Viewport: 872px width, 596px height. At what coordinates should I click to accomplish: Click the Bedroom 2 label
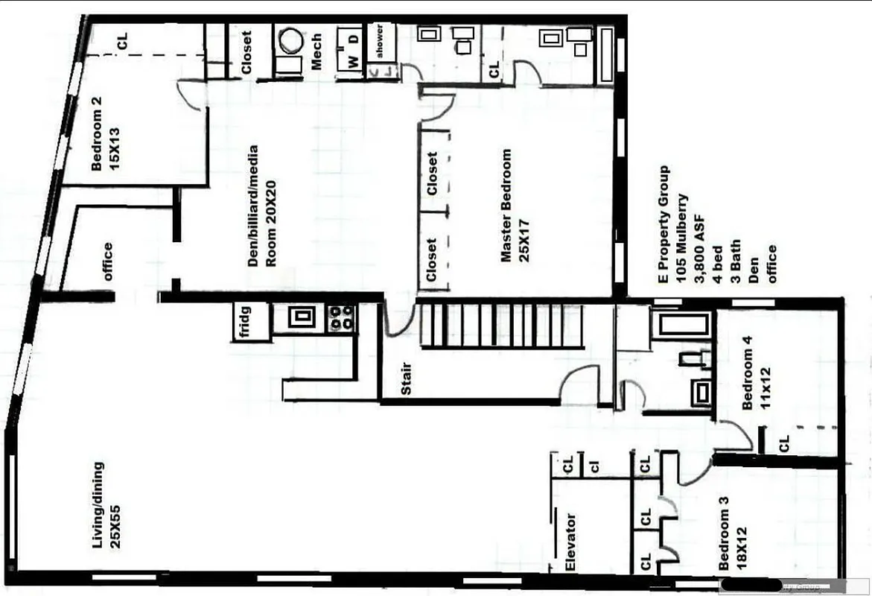click(105, 134)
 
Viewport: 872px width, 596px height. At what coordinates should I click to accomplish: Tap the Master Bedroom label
click(513, 205)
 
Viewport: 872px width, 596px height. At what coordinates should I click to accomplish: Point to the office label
click(108, 261)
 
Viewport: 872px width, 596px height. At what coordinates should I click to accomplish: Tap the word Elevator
click(570, 542)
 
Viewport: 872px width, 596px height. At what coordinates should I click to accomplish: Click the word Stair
click(407, 379)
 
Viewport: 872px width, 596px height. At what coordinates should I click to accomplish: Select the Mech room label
click(316, 51)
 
